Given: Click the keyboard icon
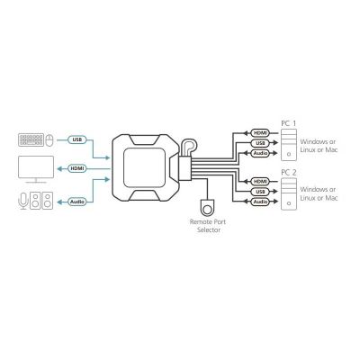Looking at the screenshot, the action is pyautogui.click(x=31, y=139).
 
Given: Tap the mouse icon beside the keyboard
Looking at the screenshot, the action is pyautogui.click(x=49, y=140).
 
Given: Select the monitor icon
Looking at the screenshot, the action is pyautogui.click(x=36, y=169).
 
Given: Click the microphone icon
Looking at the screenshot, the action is pyautogui.click(x=23, y=201).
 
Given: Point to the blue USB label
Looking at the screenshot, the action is pyautogui.click(x=77, y=139).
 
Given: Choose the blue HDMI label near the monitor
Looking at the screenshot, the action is pyautogui.click(x=77, y=168).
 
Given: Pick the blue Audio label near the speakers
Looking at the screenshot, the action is pyautogui.click(x=77, y=202).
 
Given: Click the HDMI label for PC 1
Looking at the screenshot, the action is pyautogui.click(x=260, y=133).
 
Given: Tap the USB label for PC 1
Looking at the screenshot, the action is pyautogui.click(x=260, y=143).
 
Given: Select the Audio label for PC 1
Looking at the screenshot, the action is pyautogui.click(x=260, y=153).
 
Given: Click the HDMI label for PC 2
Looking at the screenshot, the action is pyautogui.click(x=260, y=182).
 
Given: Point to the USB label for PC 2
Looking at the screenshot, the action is pyautogui.click(x=260, y=192).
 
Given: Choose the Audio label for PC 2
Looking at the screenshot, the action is pyautogui.click(x=260, y=202).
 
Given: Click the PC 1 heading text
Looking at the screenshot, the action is pyautogui.click(x=288, y=123).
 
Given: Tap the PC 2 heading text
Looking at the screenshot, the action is pyautogui.click(x=289, y=173).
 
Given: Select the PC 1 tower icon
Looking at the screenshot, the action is pyautogui.click(x=289, y=145).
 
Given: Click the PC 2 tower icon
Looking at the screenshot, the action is pyautogui.click(x=289, y=194).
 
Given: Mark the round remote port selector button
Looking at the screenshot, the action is pyautogui.click(x=207, y=207).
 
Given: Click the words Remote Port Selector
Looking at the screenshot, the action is pyautogui.click(x=208, y=226).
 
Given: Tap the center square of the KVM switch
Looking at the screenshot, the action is pyautogui.click(x=144, y=168).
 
